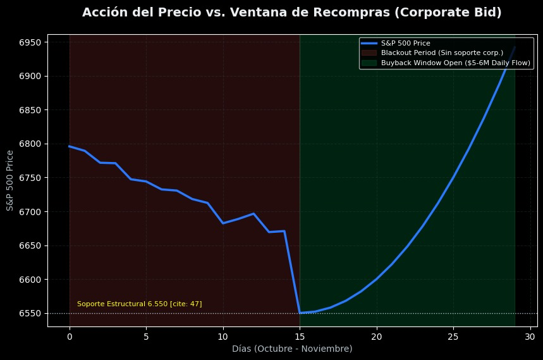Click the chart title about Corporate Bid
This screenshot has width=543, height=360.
click(x=291, y=13)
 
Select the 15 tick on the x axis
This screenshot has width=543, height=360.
click(x=300, y=336)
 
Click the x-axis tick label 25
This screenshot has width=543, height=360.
click(x=453, y=336)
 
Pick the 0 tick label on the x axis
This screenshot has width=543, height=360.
click(x=70, y=336)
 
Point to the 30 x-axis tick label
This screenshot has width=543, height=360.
click(x=530, y=336)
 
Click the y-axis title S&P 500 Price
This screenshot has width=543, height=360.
click(x=10, y=180)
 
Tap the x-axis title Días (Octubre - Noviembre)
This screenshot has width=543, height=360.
click(x=292, y=349)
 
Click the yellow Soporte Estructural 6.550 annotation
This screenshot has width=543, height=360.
click(x=139, y=304)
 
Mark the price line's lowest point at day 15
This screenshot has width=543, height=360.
click(x=300, y=313)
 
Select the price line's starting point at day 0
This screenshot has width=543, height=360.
click(x=70, y=146)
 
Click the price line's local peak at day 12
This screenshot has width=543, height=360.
click(x=253, y=214)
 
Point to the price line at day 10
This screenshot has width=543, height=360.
click(x=223, y=223)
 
